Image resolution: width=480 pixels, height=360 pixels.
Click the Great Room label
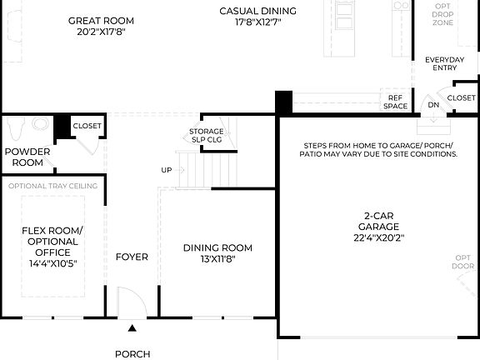coord(101,20)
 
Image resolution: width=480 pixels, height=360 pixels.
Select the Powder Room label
coord(27,157)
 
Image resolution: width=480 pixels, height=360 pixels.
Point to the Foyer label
coord(132,257)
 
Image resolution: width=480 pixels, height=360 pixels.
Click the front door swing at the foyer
coord(129,301)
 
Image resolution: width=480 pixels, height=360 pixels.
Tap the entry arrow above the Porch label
coord(132,327)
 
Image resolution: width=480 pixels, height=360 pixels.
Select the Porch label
coord(132,353)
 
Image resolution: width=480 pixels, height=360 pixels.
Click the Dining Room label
coord(217,247)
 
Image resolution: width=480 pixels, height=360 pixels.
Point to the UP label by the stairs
coord(167,170)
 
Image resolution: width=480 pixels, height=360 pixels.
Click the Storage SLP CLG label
coord(206,135)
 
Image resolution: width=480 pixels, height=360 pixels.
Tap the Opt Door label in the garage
coord(462,262)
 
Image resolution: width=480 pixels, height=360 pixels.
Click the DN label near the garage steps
coord(433,106)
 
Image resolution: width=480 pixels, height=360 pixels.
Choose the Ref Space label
coord(395,102)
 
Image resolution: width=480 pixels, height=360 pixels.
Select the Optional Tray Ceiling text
coord(52,185)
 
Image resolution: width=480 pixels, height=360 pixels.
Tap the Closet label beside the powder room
coord(87,126)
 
